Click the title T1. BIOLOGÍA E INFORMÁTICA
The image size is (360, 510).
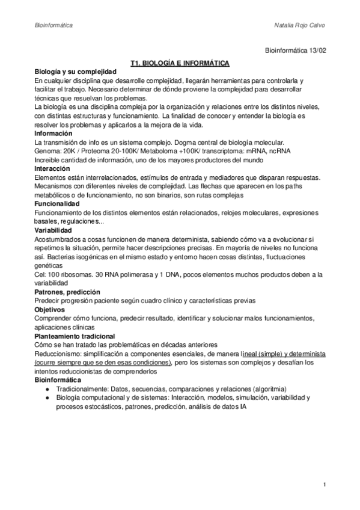180,63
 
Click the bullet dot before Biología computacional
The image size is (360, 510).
47,398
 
